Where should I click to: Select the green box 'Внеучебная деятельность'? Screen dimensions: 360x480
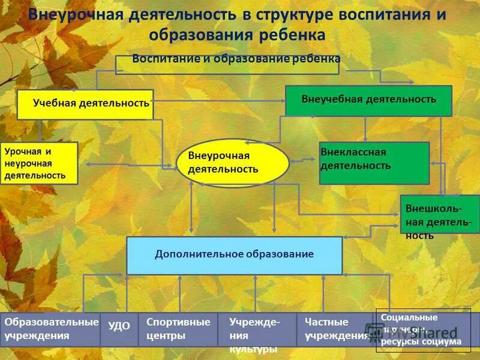[x=368, y=100]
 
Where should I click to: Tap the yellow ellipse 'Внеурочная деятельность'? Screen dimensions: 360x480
[x=233, y=163]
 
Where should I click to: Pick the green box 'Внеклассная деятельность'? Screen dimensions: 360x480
[x=374, y=163]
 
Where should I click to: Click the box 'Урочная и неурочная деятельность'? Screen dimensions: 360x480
[x=39, y=163]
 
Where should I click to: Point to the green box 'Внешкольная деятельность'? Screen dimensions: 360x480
[x=439, y=214]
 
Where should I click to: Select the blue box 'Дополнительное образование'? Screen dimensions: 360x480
[x=234, y=255]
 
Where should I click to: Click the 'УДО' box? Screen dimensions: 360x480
[x=118, y=329]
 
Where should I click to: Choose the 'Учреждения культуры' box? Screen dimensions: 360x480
[x=256, y=330]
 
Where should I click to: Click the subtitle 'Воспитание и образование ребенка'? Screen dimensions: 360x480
[x=236, y=59]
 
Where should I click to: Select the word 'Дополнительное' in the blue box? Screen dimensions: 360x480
[x=193, y=254]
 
